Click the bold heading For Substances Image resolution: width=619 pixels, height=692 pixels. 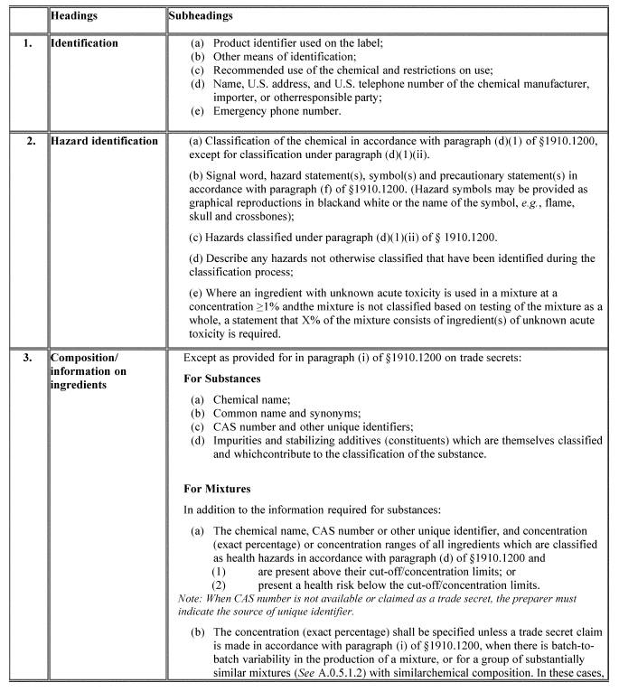click(x=224, y=379)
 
